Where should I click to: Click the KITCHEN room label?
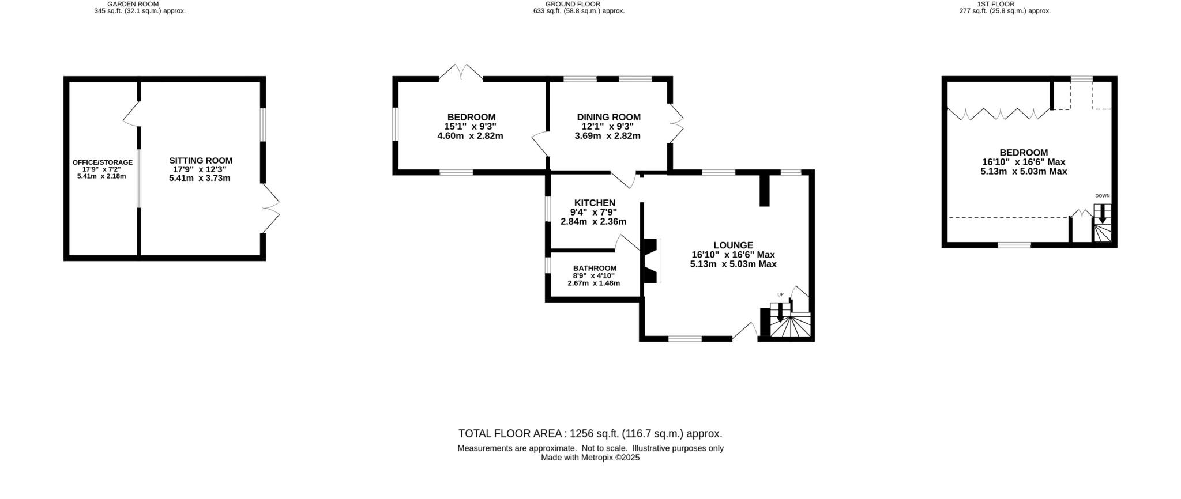click(595, 203)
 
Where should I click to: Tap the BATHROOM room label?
click(595, 268)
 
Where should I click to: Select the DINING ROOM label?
click(608, 117)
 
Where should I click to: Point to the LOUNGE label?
click(733, 245)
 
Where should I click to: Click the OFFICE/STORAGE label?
click(102, 162)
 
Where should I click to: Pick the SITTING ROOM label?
click(201, 161)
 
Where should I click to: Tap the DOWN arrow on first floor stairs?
click(1102, 216)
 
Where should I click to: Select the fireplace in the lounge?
click(652, 261)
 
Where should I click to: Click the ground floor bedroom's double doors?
click(461, 73)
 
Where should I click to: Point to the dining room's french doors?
click(676, 123)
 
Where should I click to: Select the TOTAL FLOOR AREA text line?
click(590, 434)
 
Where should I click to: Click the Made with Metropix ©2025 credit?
click(590, 458)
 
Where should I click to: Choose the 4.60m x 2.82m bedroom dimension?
click(470, 137)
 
